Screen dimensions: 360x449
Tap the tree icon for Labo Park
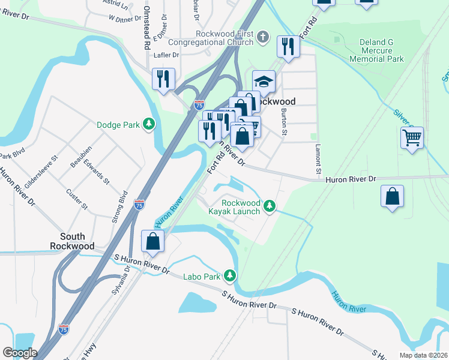pyautogui.click(x=230, y=276)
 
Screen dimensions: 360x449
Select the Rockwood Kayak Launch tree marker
pyautogui.click(x=270, y=207)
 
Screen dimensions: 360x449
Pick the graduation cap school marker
pyautogui.click(x=264, y=81)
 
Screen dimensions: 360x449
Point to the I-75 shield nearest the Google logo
pyautogui.click(x=64, y=329)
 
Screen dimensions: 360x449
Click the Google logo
pyautogui.click(x=19, y=353)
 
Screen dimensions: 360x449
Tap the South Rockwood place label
pyautogui.click(x=72, y=241)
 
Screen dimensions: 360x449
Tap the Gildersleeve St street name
pyautogui.click(x=40, y=175)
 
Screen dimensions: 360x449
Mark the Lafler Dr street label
pyautogui.click(x=166, y=55)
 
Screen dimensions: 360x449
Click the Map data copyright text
pyautogui.click(x=423, y=355)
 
